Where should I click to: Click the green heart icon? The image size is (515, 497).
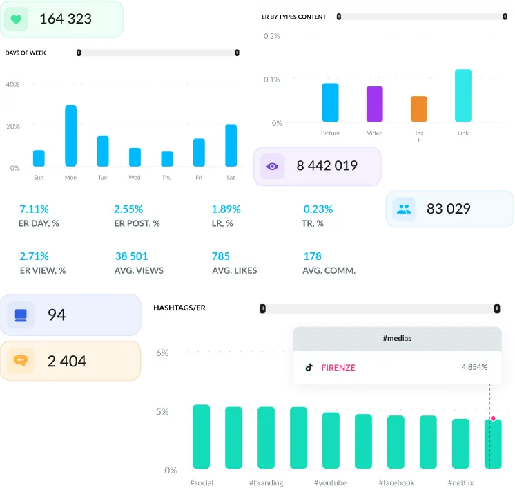tap(16, 19)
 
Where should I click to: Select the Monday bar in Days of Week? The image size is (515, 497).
tap(70, 135)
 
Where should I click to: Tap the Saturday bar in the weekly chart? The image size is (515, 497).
tap(231, 145)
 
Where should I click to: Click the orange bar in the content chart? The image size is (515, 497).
tap(419, 109)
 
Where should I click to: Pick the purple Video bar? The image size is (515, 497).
tap(375, 104)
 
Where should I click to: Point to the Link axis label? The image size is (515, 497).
tap(463, 133)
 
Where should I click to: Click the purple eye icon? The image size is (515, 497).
tap(273, 166)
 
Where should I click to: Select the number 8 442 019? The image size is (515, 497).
tap(327, 166)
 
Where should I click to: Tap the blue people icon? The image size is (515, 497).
tap(404, 209)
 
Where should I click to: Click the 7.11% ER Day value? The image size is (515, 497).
tap(34, 209)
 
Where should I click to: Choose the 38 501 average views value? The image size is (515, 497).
tap(131, 256)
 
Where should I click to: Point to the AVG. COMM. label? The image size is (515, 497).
tap(329, 270)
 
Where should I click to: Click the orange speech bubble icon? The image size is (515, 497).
tap(20, 361)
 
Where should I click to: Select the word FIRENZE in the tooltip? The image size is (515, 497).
tap(338, 368)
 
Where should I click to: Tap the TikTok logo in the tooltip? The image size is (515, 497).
tap(309, 367)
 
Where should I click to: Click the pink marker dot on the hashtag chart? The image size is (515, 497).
tap(493, 418)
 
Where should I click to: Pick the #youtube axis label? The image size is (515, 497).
tap(330, 482)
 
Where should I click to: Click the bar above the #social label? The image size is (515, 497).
tap(201, 437)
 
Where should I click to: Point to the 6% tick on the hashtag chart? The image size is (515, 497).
tap(162, 353)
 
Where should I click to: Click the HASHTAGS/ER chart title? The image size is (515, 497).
tap(179, 308)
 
